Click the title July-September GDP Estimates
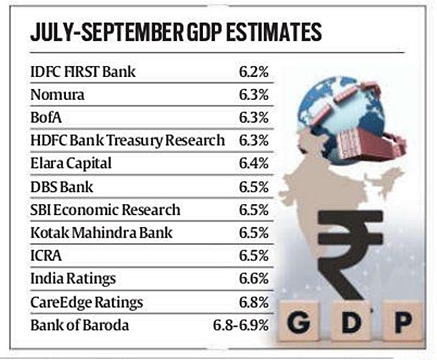(x=176, y=32)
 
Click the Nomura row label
(x=57, y=95)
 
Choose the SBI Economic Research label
(x=105, y=210)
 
